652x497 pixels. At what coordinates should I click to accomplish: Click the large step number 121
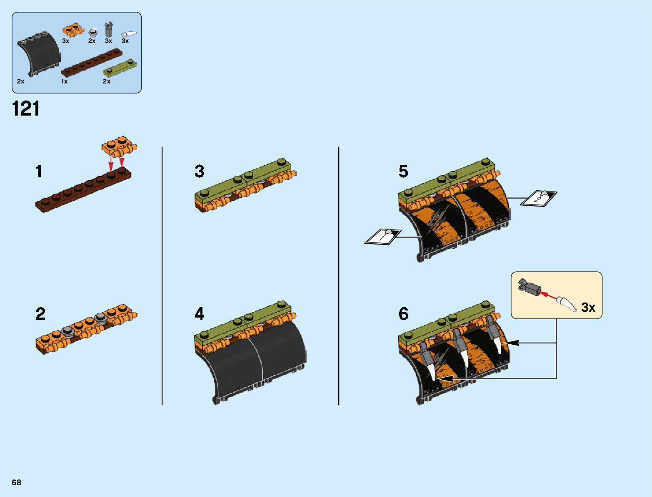point(26,109)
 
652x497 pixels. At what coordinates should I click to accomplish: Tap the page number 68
point(17,482)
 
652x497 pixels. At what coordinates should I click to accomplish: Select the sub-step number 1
point(39,172)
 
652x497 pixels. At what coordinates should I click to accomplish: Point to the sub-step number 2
point(40,314)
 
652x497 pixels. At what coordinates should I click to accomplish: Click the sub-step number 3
point(200,172)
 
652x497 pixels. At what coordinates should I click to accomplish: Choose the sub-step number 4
point(200,314)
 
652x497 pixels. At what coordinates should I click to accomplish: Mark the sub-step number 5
point(403,172)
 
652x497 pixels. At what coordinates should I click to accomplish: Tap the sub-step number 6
point(403,314)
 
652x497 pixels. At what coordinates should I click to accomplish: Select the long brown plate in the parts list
point(92,63)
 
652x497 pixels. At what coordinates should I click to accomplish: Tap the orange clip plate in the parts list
point(73,30)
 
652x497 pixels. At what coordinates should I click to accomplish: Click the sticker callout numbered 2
point(539,198)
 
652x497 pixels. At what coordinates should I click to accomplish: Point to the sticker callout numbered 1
point(383,236)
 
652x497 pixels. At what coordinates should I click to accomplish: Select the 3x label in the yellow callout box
point(588,308)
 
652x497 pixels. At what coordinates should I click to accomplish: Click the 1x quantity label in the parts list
point(64,81)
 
